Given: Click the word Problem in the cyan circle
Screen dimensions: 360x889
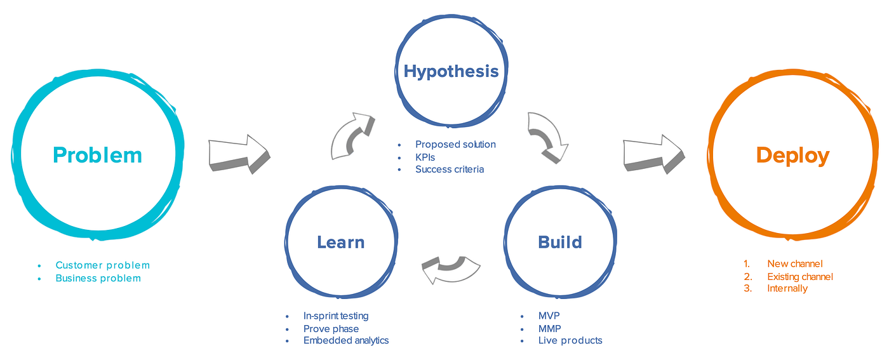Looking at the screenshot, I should point(97,155).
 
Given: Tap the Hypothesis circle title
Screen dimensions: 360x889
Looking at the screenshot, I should point(451,70).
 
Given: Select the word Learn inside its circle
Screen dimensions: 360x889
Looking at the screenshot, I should point(341,242).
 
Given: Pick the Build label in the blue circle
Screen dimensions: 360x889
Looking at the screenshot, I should point(559,242).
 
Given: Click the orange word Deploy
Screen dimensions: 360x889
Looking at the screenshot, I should point(792,156).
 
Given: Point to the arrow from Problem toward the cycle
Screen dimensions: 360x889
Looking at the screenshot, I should point(239,154).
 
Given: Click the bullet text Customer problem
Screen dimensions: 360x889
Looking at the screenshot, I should point(102,265).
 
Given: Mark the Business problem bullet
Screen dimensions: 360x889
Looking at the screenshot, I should point(98,278).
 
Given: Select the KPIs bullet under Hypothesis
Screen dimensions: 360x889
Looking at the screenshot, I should point(425,157).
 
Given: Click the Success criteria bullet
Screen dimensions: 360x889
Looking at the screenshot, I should point(449,170).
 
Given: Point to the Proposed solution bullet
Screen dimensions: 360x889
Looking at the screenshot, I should point(455,144).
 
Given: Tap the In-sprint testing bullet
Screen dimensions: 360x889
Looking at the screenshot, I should point(335,316).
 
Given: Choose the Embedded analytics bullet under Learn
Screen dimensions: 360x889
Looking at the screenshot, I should point(345,340).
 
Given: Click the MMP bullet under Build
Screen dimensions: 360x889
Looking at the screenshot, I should point(549,328).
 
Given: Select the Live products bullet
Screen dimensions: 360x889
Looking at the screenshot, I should point(570,340).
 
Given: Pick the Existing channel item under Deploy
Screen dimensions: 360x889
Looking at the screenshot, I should point(799,276).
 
